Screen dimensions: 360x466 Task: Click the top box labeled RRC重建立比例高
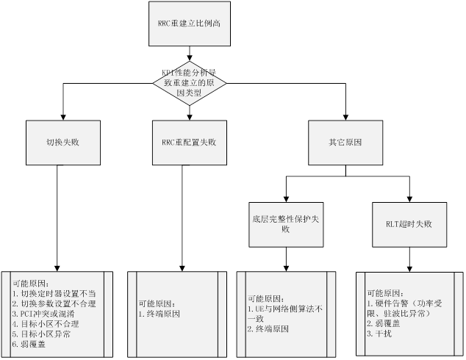click(190, 25)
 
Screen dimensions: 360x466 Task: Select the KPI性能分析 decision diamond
click(190, 82)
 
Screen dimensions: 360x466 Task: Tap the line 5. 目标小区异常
click(45, 332)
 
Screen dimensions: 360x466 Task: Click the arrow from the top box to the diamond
click(190, 54)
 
